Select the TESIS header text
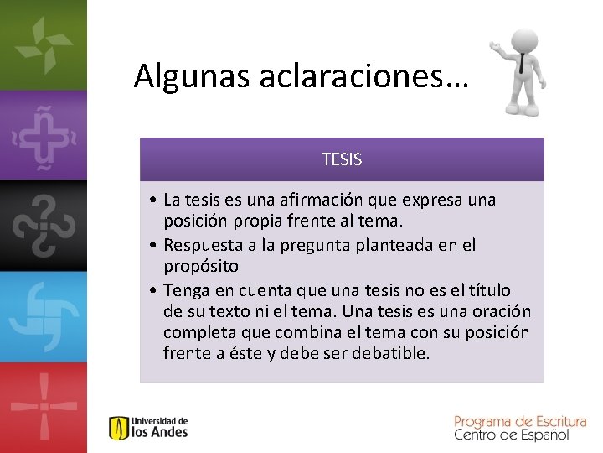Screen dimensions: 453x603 coord(342,159)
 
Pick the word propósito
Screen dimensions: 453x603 coord(201,266)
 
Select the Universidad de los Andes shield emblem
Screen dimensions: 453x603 coord(118,428)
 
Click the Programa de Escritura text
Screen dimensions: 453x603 coord(519,421)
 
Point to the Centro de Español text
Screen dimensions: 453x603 coord(511,435)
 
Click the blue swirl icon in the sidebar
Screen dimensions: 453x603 coord(42,315)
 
